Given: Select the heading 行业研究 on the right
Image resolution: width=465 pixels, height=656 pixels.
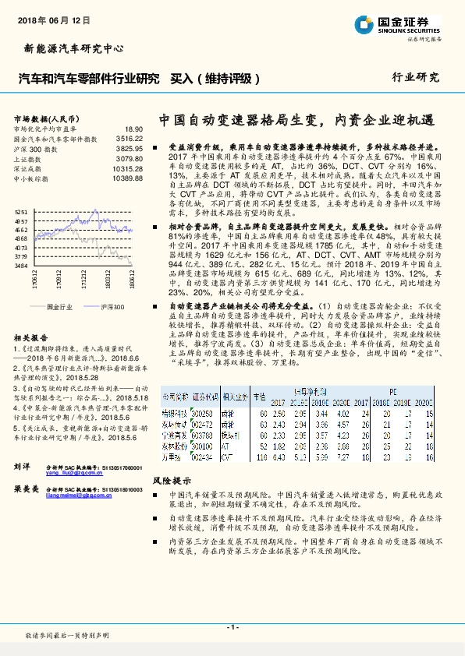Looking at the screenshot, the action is pos(416,78).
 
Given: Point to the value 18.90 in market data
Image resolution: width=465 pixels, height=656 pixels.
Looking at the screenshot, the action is pos(133,129).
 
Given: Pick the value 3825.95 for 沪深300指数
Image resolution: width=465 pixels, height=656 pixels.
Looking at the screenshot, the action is pos(129,148).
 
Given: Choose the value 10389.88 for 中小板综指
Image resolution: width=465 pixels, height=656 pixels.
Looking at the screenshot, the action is pos(127,178).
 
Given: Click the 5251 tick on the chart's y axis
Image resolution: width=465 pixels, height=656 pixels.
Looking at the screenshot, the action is pos(21,212).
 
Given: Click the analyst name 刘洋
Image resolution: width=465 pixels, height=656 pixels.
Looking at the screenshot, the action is pos(22,466).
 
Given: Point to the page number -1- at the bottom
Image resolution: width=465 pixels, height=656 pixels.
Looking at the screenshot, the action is pos(232,626).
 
